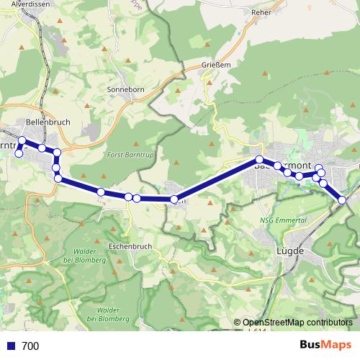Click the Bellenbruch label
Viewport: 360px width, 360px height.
point(48,122)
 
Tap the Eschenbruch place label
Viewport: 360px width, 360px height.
point(130,246)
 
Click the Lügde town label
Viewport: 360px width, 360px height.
point(292,251)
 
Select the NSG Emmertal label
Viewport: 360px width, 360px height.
point(279,220)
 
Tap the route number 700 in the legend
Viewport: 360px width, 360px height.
point(30,346)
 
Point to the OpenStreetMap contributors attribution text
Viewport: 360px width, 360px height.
point(297,322)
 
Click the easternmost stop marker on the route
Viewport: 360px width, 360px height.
point(343,199)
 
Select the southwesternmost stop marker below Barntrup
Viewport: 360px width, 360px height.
point(19,153)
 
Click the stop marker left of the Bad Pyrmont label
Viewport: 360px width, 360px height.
point(258,159)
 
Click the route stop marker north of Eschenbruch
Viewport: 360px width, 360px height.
point(136,198)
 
